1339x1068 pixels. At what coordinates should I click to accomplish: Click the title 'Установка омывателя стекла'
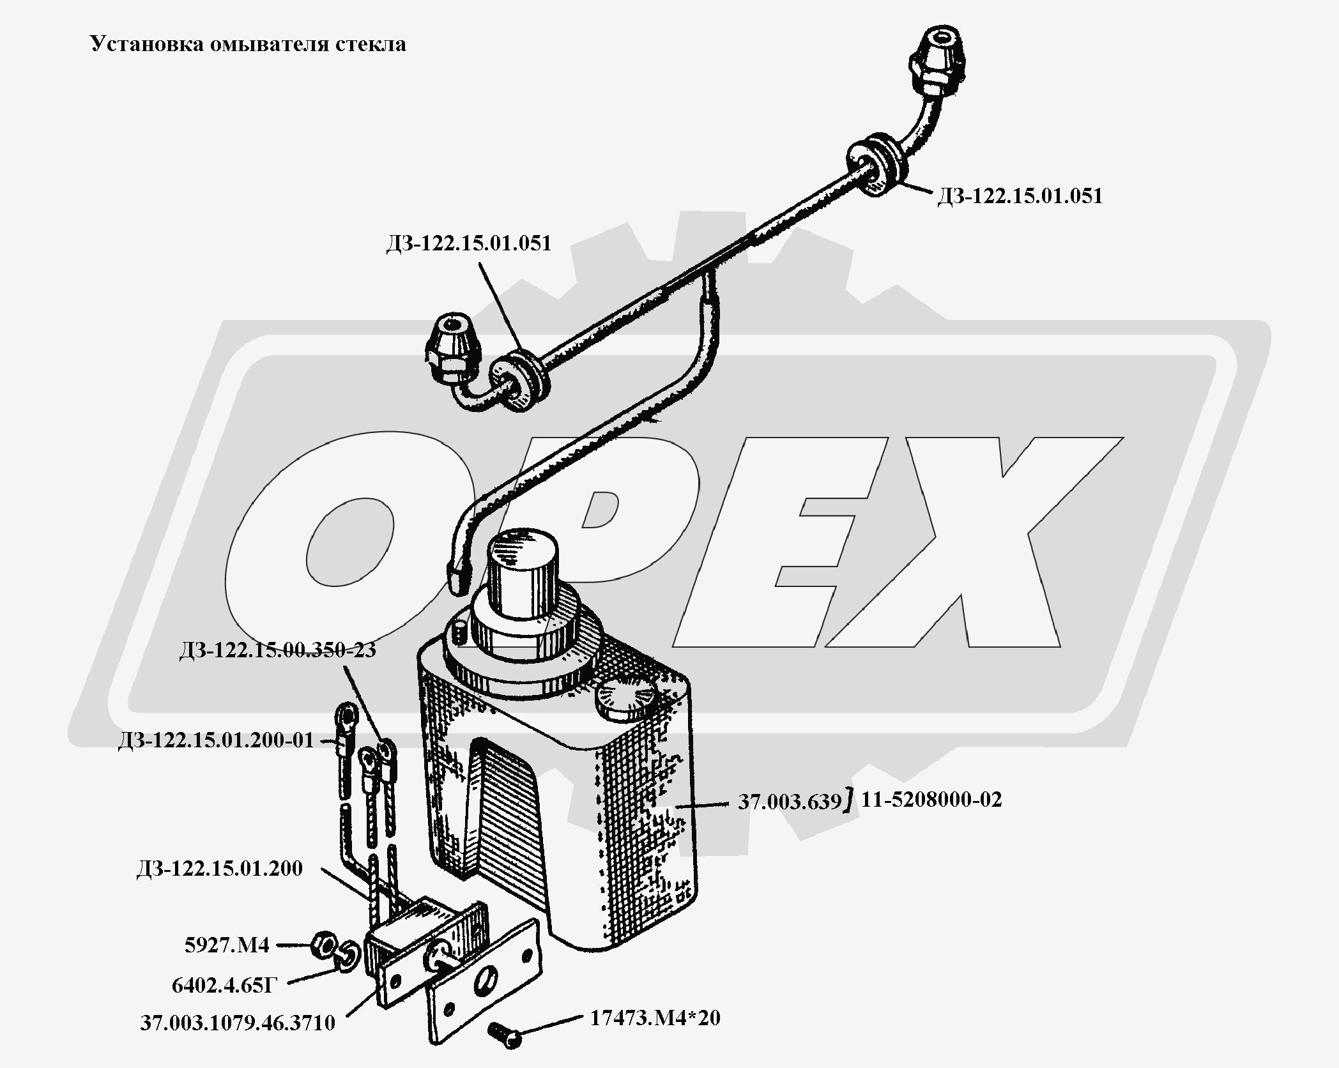[248, 44]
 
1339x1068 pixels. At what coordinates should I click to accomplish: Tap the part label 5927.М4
[227, 945]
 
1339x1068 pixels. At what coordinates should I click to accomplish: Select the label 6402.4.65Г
[225, 986]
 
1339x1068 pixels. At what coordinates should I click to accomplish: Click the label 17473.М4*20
[655, 1018]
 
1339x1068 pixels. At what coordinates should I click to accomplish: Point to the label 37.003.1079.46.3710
[238, 1023]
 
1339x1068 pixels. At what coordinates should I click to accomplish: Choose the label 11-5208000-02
[931, 799]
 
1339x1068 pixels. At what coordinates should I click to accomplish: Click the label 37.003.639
[790, 801]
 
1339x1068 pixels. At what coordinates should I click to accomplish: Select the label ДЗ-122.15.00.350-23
[278, 650]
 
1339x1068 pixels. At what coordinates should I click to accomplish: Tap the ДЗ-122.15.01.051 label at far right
[1020, 195]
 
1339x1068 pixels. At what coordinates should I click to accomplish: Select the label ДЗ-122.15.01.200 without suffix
[219, 869]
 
